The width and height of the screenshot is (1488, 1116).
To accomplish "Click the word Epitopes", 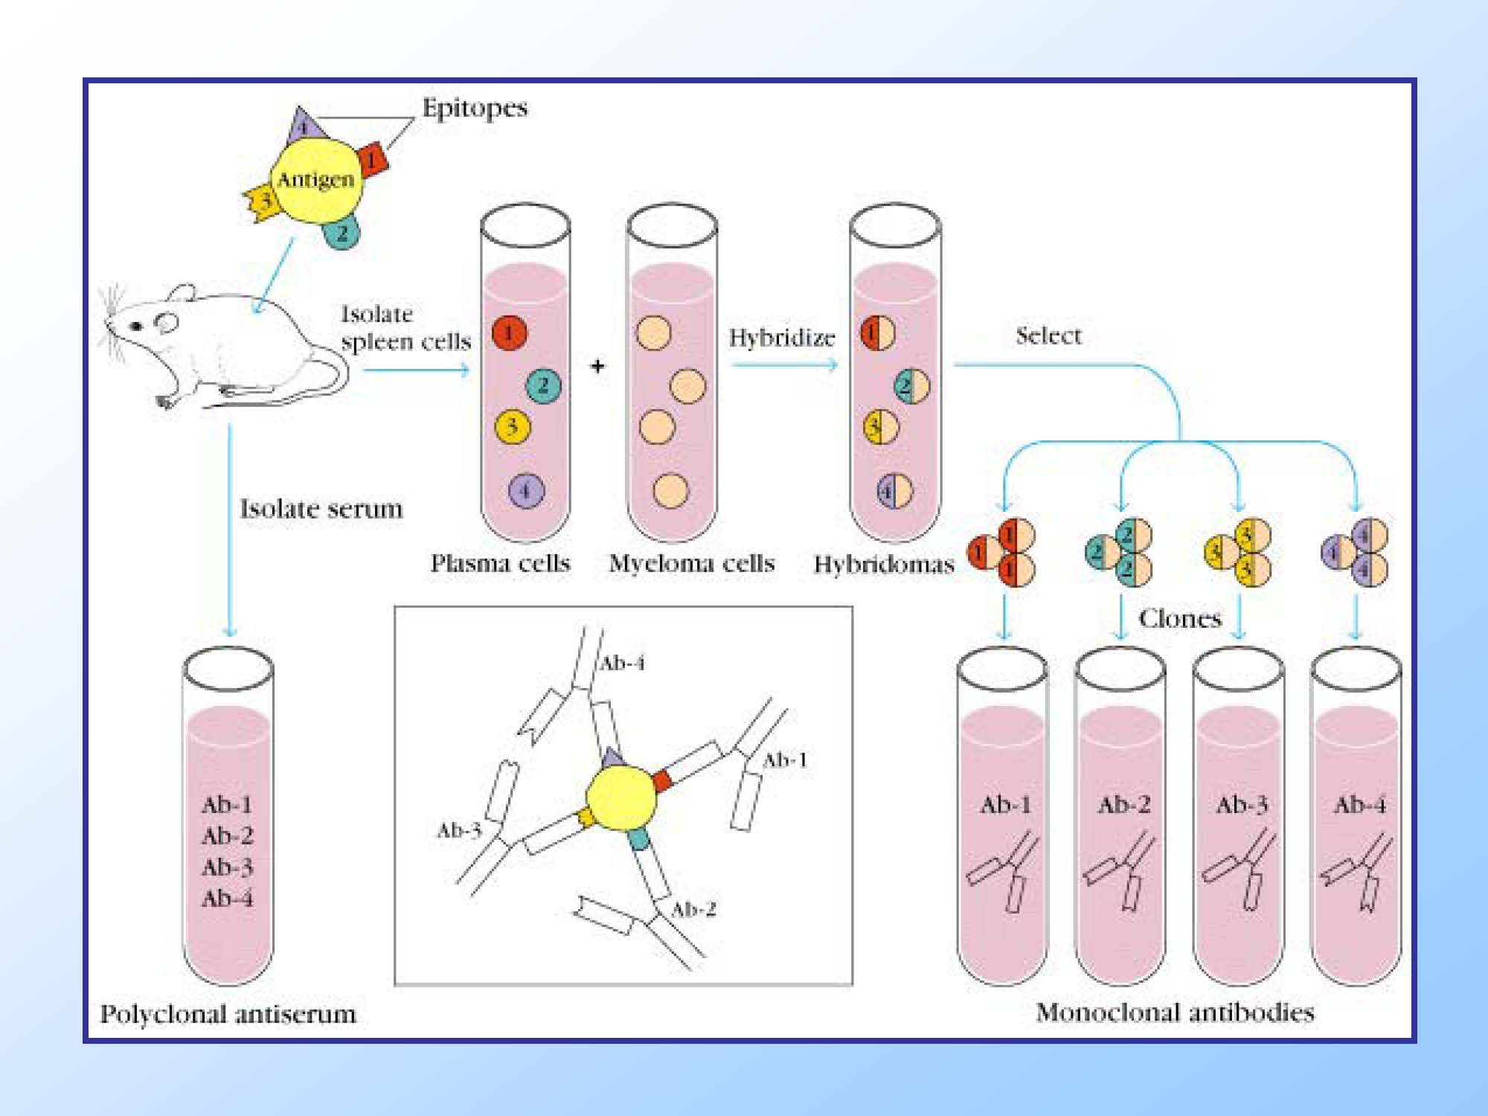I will [475, 108].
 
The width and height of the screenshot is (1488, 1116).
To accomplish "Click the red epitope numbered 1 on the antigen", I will [371, 159].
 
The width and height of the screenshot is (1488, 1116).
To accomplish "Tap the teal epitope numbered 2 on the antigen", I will [341, 234].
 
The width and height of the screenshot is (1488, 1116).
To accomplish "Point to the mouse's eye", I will [136, 326].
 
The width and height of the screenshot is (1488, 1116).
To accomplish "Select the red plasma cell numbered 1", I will [509, 333].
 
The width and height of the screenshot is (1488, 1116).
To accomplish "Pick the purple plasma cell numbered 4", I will [526, 490].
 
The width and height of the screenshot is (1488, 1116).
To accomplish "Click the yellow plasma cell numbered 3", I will [512, 427].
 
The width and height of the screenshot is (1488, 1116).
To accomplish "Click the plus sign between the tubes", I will [598, 366].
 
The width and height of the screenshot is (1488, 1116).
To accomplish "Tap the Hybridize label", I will [781, 338].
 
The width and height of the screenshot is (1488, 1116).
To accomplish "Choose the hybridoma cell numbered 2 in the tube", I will [911, 386].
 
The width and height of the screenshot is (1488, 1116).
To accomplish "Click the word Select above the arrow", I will [1048, 336].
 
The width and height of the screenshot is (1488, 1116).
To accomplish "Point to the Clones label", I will [1180, 618].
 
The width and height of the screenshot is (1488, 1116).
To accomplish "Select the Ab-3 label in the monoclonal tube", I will [1242, 804].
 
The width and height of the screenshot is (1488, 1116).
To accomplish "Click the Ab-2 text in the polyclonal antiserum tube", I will [227, 836].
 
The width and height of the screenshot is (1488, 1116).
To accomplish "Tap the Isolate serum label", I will [321, 509].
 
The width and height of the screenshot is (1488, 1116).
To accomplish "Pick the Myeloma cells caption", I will [691, 563].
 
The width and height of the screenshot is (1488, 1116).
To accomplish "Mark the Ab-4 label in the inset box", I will [622, 662].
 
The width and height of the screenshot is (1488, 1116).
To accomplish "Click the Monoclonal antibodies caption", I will [1175, 1013].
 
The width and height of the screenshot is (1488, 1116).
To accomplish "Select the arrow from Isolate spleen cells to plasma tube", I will [417, 369].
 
